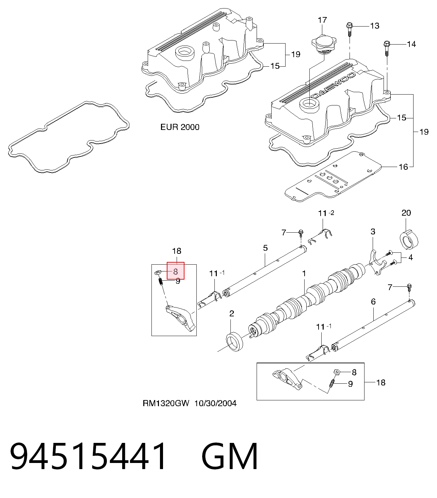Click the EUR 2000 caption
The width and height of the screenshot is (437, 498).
pyautogui.click(x=180, y=127)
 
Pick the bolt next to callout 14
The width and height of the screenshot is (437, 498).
pyautogui.click(x=387, y=48)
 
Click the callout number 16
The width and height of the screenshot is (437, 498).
pyautogui.click(x=403, y=167)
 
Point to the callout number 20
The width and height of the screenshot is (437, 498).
pyautogui.click(x=406, y=213)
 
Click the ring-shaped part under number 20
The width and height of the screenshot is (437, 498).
pyautogui.click(x=409, y=239)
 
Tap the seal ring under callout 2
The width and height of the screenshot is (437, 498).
pyautogui.click(x=234, y=342)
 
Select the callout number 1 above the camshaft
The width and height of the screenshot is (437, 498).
pyautogui.click(x=304, y=273)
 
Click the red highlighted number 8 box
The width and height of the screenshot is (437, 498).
pyautogui.click(x=176, y=271)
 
